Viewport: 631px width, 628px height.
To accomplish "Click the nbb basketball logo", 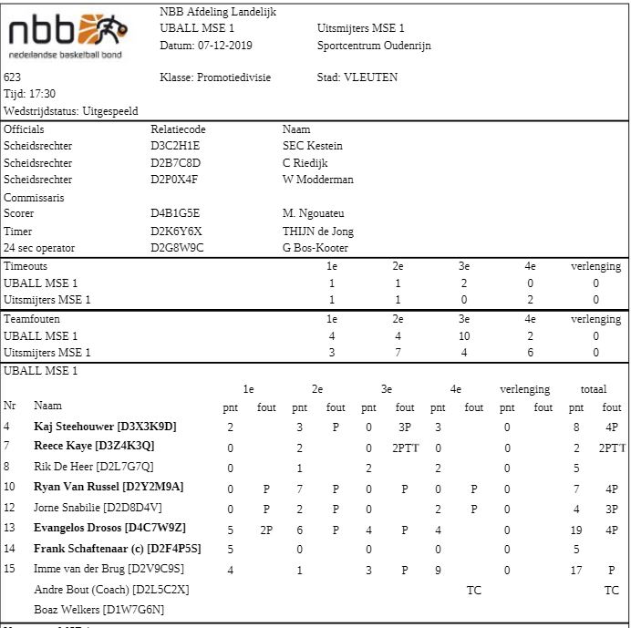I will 67,35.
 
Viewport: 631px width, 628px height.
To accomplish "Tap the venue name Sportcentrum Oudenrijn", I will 374,46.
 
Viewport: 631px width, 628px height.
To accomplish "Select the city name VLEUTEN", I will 370,77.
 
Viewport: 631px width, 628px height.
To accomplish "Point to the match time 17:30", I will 42,94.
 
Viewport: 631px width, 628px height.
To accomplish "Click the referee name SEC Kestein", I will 313,146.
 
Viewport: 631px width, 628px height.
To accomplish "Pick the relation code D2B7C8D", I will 175,163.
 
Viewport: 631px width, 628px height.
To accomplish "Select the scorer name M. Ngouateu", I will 315,214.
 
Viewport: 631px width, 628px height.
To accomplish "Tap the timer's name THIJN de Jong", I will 318,232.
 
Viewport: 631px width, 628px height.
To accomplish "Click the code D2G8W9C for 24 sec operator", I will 177,248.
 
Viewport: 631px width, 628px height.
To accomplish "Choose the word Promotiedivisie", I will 234,77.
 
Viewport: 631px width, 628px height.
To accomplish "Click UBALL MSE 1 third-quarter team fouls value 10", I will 464,336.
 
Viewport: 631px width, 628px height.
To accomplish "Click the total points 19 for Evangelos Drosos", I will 576,529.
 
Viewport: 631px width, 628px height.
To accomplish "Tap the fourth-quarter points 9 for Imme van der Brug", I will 438,571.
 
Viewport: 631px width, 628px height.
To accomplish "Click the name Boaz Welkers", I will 67,610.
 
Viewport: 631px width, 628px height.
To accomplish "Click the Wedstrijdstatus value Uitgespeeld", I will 110,111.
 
